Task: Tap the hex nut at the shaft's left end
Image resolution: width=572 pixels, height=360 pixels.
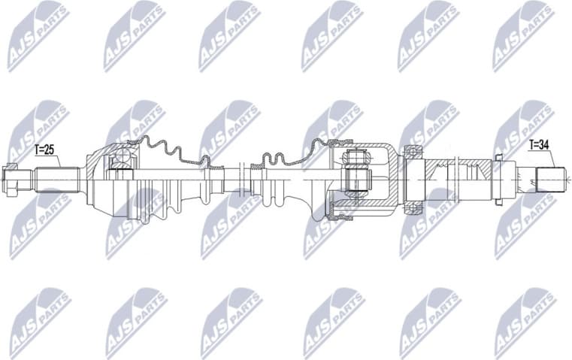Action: [11, 178]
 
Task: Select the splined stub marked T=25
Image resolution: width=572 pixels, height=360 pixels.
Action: [56, 179]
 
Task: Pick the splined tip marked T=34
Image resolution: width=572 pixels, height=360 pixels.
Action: [549, 179]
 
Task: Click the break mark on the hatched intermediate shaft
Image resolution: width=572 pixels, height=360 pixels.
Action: [450, 179]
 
